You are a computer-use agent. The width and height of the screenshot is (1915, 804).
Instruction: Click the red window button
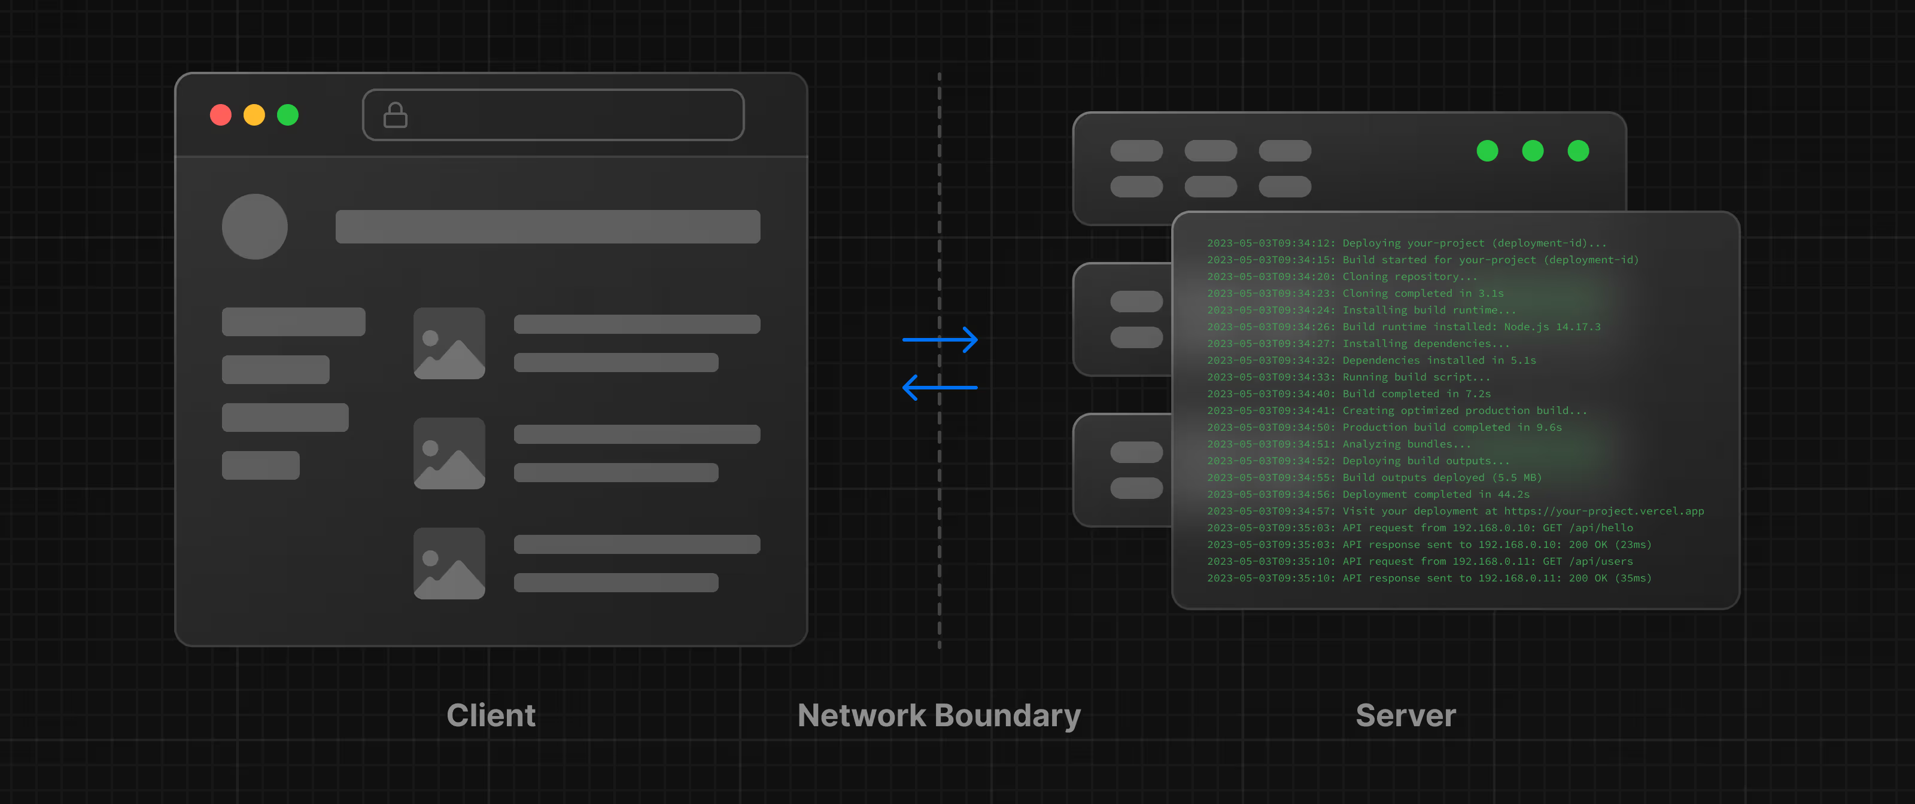point(221,115)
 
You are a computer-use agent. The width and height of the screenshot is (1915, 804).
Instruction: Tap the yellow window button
point(254,115)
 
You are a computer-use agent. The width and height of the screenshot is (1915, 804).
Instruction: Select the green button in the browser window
point(288,115)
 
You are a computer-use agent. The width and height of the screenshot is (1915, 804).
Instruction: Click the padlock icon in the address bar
point(395,115)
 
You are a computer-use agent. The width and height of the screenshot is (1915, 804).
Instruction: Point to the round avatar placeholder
point(254,227)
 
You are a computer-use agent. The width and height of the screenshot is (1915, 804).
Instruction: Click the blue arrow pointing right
point(940,340)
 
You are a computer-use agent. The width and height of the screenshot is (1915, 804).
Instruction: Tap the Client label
point(491,715)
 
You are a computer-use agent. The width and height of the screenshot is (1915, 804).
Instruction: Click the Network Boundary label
point(939,715)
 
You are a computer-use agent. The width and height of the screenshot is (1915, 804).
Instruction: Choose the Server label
point(1405,715)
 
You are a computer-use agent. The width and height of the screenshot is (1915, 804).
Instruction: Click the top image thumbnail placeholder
point(449,343)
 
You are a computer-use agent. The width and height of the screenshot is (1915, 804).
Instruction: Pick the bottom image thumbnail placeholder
point(449,564)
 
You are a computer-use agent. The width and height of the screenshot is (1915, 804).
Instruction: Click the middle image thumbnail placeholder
point(449,453)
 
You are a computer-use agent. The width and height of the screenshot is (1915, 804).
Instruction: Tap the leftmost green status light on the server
point(1487,151)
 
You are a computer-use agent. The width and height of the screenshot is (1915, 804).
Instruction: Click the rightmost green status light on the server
point(1577,151)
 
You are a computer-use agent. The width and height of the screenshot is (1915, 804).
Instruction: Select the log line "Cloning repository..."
point(1409,276)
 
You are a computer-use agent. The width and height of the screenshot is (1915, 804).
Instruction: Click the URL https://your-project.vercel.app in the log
point(1604,511)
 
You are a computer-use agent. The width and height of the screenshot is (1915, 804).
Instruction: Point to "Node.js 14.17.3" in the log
point(1552,327)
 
